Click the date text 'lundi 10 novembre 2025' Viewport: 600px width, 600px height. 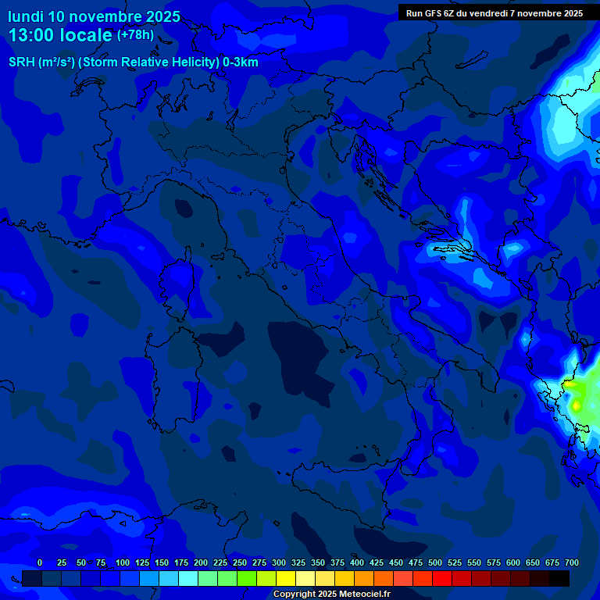click(94, 16)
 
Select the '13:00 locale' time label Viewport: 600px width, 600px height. click(60, 35)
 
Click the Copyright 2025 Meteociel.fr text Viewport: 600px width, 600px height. click(331, 595)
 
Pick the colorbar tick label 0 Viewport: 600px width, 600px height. click(40, 563)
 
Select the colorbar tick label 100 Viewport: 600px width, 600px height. click(123, 563)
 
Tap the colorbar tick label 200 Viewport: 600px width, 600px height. click(201, 563)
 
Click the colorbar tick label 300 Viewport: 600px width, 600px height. click(279, 563)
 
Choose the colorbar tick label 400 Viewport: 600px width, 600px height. click(357, 563)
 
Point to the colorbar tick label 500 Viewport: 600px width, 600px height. click(435, 563)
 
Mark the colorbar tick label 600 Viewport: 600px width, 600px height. click(513, 563)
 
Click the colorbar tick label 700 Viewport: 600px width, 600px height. click(572, 563)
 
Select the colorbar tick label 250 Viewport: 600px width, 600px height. click(240, 563)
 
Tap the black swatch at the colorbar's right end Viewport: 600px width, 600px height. click(559, 578)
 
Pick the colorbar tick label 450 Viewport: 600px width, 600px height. click(396, 563)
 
